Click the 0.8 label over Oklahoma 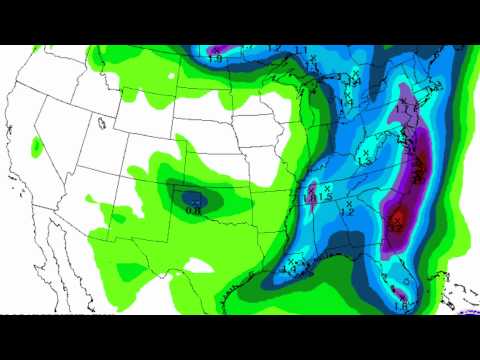pos(194,209)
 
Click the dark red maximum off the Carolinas pos(397,217)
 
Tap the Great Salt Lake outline pos(101,123)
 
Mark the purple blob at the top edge pos(225,50)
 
